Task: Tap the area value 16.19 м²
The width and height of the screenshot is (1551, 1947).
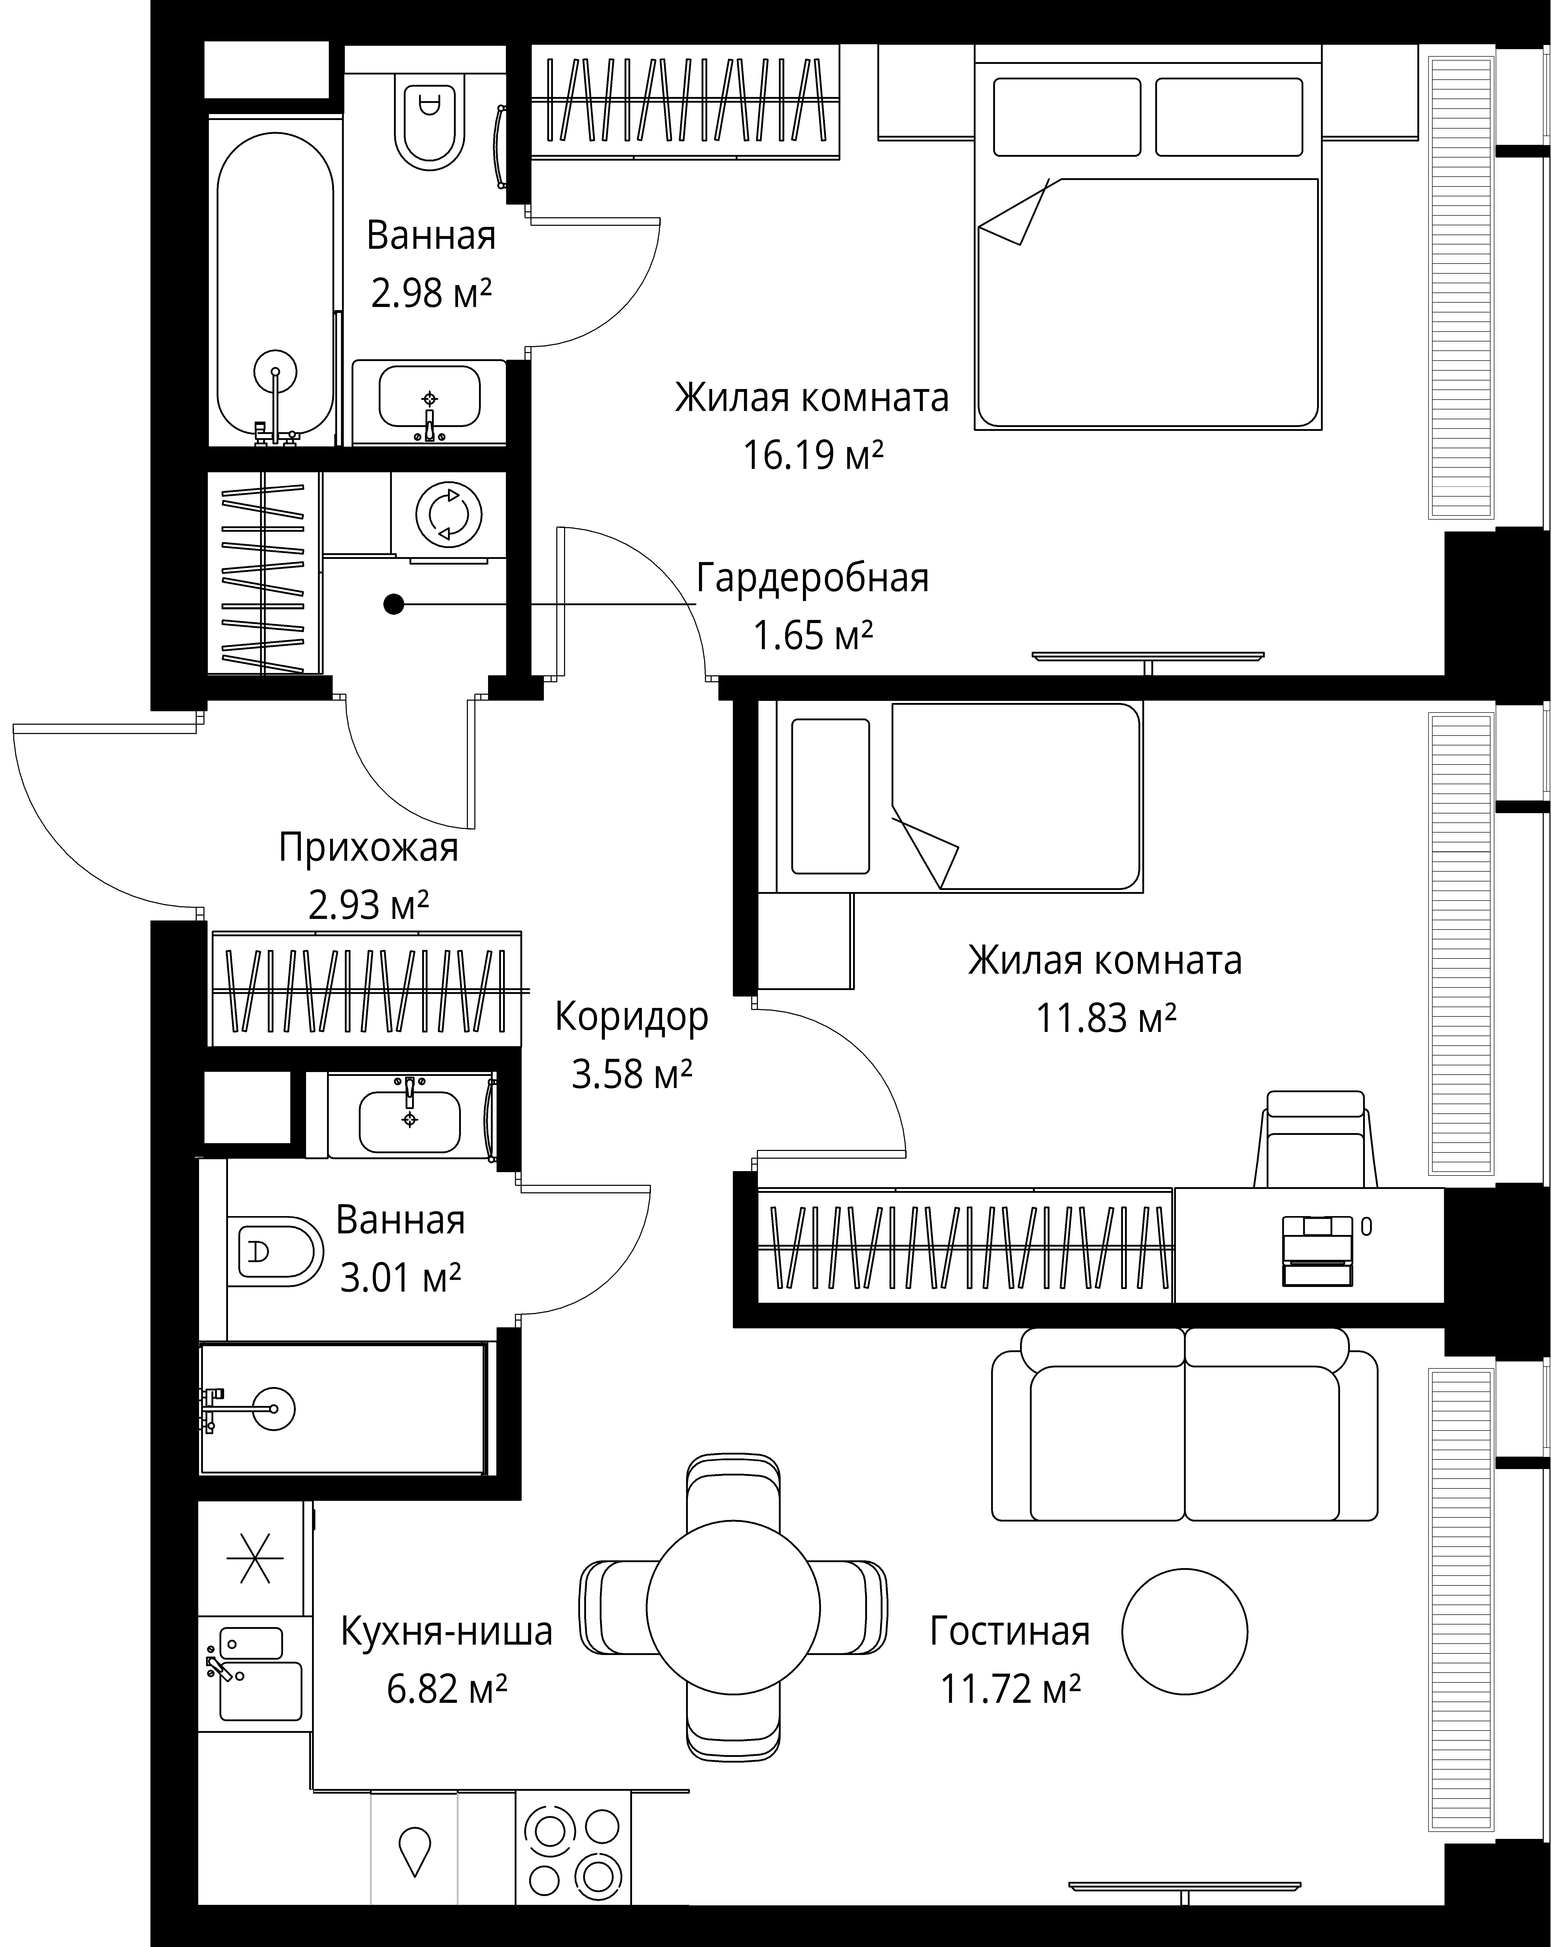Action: click(x=812, y=455)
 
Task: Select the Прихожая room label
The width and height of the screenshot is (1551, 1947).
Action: click(x=368, y=848)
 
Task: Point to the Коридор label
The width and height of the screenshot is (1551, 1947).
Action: click(x=631, y=1017)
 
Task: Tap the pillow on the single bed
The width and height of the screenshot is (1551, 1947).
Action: click(x=830, y=797)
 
